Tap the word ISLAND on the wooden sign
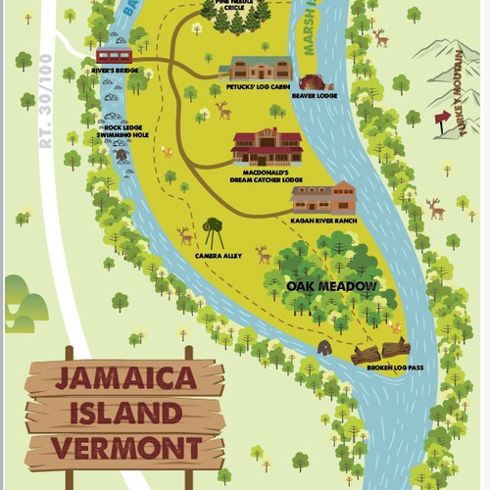[x=125, y=414]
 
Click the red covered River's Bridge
[x=114, y=55]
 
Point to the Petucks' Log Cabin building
[x=255, y=69]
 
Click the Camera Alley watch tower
[x=213, y=233]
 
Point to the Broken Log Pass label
[x=394, y=367]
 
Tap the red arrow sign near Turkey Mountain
[x=442, y=117]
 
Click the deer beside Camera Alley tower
[x=184, y=236]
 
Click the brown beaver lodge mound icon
[x=311, y=81]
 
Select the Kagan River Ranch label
[x=322, y=221]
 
